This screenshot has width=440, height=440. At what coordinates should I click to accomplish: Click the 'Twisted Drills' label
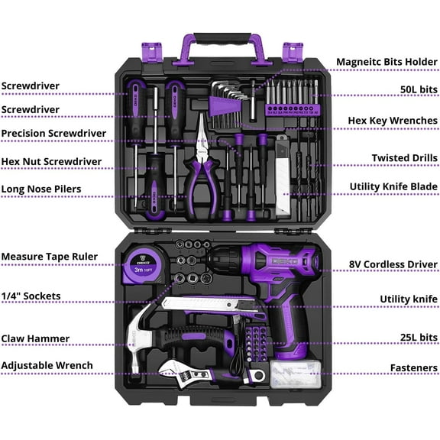(x=405, y=158)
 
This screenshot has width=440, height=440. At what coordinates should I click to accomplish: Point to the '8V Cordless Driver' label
(x=393, y=264)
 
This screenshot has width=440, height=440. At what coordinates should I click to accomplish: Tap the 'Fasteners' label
(x=412, y=368)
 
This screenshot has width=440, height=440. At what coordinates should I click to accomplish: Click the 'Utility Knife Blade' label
(x=393, y=186)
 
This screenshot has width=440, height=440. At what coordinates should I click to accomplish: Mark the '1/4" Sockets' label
(x=31, y=296)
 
